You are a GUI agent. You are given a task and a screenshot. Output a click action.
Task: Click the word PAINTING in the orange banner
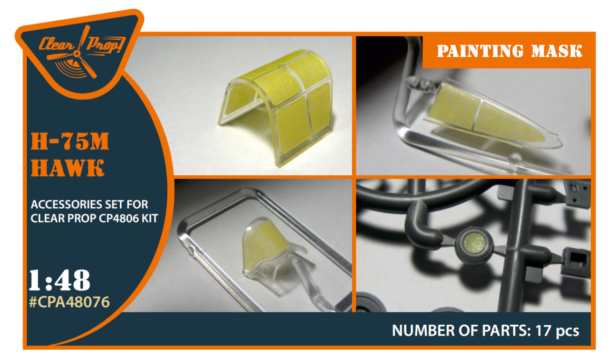click(x=480, y=51)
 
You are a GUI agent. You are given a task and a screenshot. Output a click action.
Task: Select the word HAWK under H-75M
click(x=67, y=167)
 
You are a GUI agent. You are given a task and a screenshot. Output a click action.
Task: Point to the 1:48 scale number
click(x=60, y=280)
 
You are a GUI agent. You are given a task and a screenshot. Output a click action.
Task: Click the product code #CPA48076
click(x=69, y=302)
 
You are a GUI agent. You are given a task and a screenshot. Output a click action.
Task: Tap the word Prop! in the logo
click(x=105, y=45)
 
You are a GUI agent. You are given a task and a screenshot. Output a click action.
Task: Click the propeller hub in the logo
click(x=77, y=54)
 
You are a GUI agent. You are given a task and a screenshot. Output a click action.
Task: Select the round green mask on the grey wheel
click(x=475, y=244)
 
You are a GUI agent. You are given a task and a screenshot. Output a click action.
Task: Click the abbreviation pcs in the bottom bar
click(x=567, y=331)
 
